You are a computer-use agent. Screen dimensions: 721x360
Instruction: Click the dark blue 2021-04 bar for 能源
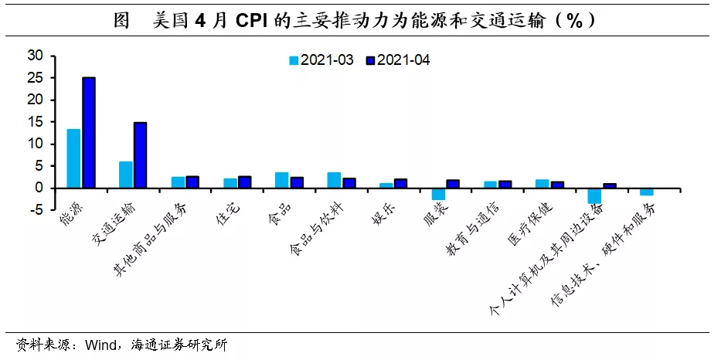(x=89, y=132)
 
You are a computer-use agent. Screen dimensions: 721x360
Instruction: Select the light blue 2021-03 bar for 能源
(x=73, y=158)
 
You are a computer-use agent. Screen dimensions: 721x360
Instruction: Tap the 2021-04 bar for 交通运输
(x=140, y=155)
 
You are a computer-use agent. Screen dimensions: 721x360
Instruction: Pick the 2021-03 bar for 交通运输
(x=125, y=175)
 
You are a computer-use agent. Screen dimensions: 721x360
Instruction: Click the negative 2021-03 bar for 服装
(x=438, y=194)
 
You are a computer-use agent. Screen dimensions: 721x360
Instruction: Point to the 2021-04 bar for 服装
(x=453, y=184)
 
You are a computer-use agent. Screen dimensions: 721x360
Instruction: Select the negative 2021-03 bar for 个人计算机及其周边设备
(x=594, y=196)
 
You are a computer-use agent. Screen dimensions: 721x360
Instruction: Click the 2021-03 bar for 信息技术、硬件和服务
(x=646, y=192)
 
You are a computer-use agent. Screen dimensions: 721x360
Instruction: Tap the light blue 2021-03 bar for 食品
(x=282, y=180)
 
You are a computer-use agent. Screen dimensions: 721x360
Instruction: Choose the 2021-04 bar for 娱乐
(x=400, y=183)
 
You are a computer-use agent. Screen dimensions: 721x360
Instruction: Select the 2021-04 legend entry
(x=398, y=60)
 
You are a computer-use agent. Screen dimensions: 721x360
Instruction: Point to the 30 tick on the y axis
(x=36, y=56)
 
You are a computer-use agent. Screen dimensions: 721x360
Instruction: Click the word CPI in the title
(x=253, y=21)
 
